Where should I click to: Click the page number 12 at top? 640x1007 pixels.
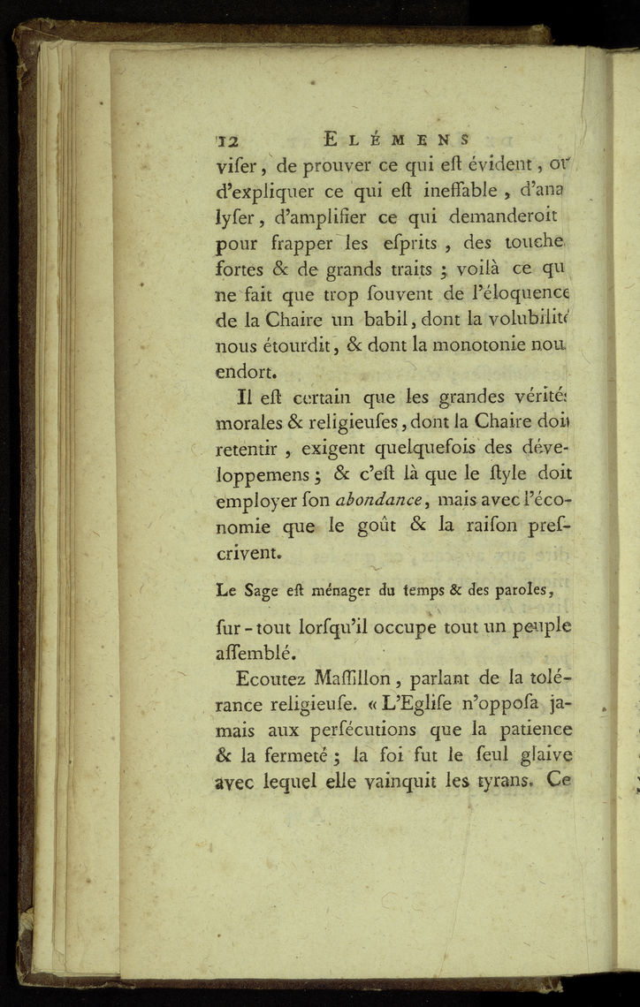[x=229, y=140]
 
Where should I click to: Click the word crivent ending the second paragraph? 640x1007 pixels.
[x=248, y=554]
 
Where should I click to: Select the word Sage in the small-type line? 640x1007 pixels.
[x=263, y=588]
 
